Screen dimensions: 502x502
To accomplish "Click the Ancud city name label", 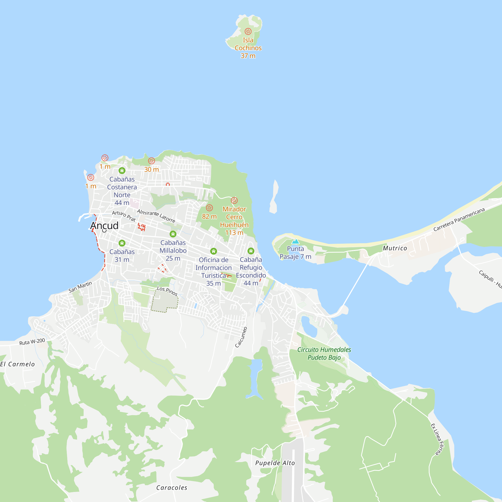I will pos(104,225).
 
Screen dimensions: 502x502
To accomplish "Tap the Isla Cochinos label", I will pos(248,44).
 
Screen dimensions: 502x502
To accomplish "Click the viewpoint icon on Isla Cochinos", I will pos(248,31).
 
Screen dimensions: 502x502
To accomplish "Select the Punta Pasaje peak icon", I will pos(295,242).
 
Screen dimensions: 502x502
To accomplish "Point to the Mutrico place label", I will pos(395,248).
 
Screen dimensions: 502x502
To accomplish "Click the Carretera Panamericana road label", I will pos(459,220).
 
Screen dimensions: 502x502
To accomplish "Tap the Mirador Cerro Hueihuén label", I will pos(234,221).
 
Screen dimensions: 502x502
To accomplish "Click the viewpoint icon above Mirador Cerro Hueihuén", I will pos(234,200).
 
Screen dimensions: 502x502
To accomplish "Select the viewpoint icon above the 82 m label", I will pos(209,208).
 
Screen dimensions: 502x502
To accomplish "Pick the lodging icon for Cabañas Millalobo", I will pos(173,234).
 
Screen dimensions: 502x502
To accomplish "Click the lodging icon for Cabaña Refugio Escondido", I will pos(251,251).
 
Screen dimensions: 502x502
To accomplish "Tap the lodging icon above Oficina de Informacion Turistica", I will pos(213,251).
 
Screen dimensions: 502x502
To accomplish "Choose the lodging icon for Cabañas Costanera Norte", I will pos(122,171).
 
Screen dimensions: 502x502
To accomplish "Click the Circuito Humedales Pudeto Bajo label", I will pos(324,353).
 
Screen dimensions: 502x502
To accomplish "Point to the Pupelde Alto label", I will pos(275,463).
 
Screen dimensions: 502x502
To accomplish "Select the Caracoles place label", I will pos(171,488).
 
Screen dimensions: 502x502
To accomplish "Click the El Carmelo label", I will pos(17,364).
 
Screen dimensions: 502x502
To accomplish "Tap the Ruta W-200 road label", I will pos(32,342).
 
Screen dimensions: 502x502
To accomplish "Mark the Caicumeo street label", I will pos(241,337).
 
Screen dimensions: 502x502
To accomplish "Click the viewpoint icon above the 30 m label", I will pos(152,161).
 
